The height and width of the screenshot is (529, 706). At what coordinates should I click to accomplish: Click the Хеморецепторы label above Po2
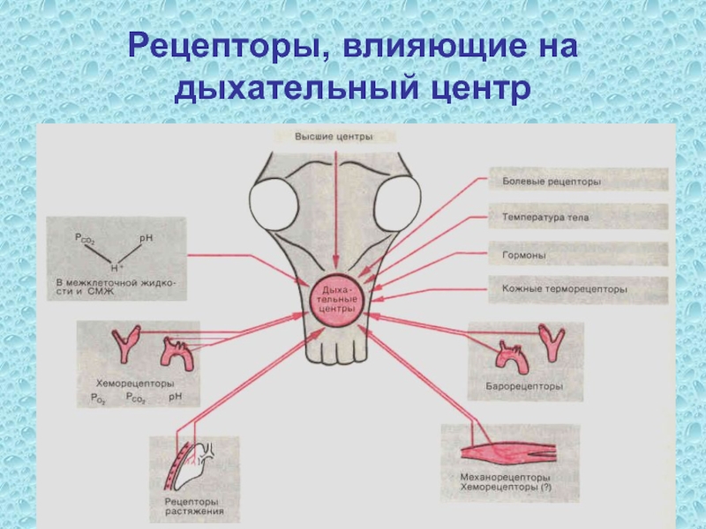[x=134, y=384]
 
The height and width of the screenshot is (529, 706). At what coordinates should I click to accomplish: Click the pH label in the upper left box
[x=146, y=237]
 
